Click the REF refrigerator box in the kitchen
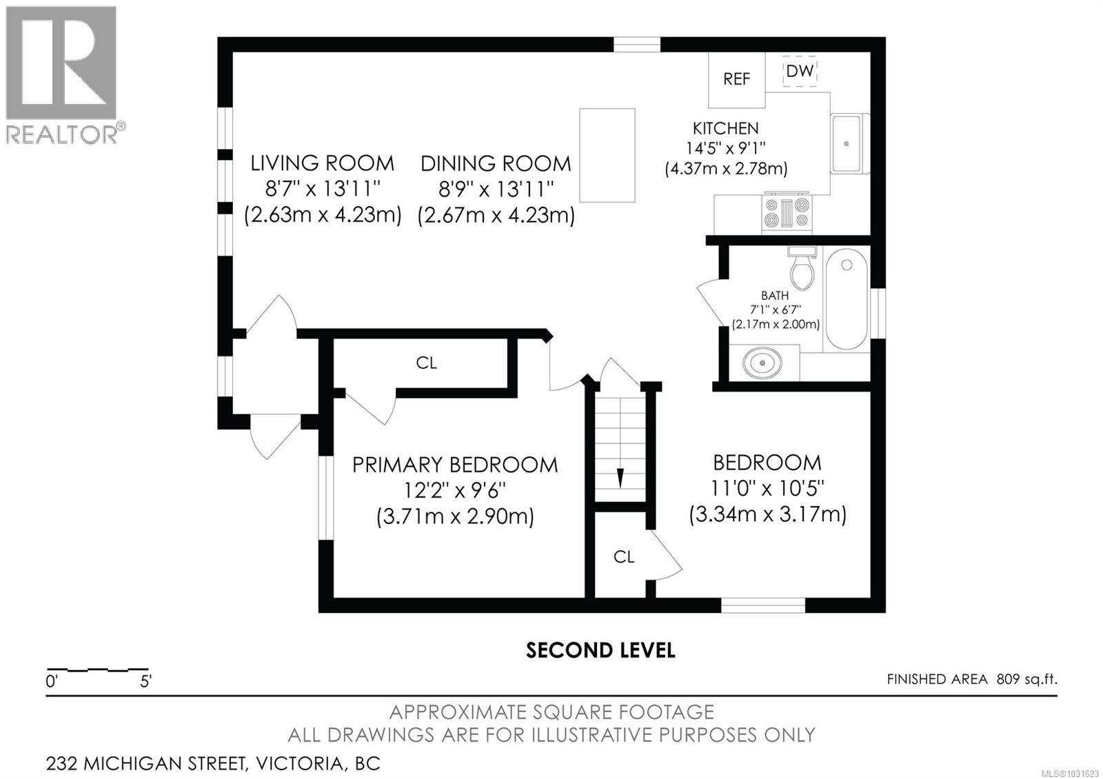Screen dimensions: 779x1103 736,79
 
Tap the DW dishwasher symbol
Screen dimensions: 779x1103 800,71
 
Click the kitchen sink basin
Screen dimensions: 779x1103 846,143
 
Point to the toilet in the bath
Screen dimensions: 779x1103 802,270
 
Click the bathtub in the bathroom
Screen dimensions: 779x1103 847,300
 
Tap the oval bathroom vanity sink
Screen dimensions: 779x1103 762,363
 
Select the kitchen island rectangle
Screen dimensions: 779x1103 607,155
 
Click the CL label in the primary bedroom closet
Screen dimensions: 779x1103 426,363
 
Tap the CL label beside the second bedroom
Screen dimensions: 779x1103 623,557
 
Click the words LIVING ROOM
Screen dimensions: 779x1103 322,163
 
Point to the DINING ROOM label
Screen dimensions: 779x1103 496,163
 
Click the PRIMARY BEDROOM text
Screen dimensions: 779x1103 455,465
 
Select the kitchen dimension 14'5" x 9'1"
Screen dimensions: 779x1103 725,148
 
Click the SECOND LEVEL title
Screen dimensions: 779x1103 600,650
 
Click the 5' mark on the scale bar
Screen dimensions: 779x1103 145,682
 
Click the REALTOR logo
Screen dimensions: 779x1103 62,74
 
